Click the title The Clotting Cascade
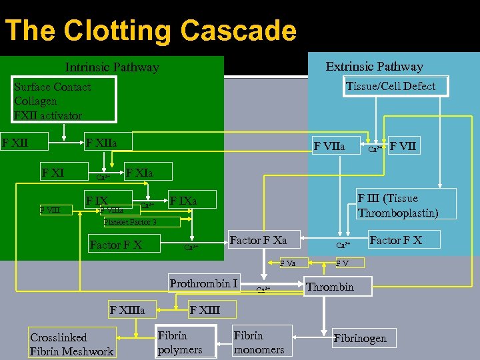coord(150,31)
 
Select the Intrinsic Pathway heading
coord(112,67)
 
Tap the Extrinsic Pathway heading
coord(374,67)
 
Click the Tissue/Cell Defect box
coord(391,86)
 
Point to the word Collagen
coord(35,101)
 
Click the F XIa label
coord(140,173)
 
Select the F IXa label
coord(183,200)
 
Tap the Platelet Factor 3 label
coord(130,222)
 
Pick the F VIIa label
coord(329,145)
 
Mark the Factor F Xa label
coord(258,239)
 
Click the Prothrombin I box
coord(203,284)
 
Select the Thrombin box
coord(330,287)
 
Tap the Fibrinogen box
coord(360,339)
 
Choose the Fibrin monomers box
coord(259,343)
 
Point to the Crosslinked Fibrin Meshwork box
coord(71,345)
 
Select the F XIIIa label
coord(133,310)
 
